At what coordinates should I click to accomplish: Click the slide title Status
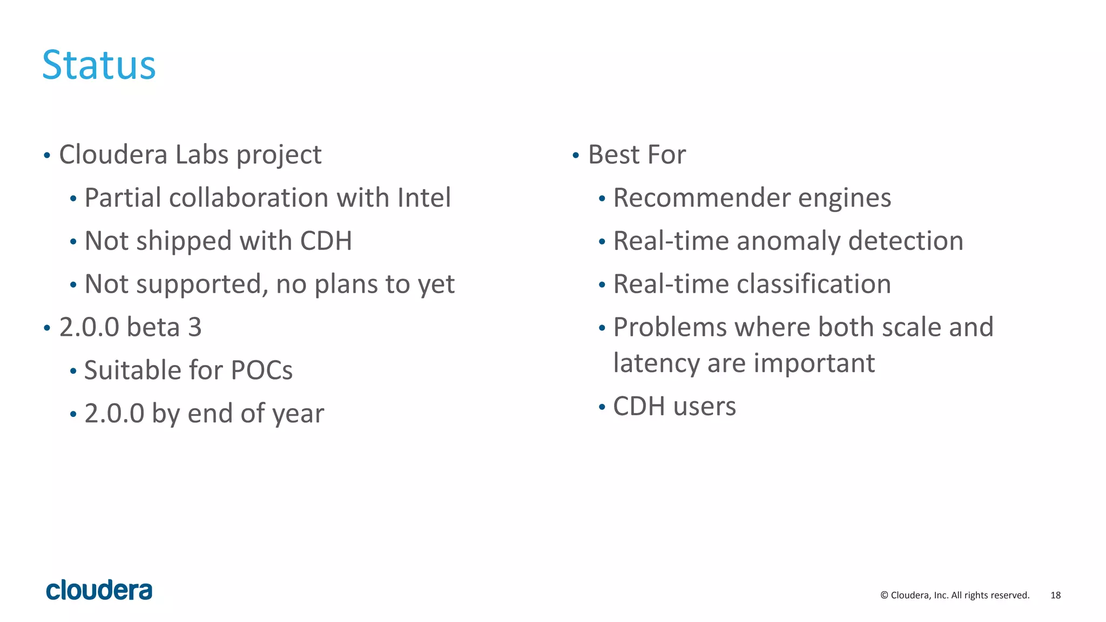point(99,65)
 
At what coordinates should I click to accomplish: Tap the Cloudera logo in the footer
point(99,590)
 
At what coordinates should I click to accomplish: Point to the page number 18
point(1055,595)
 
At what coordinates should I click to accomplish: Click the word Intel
point(424,198)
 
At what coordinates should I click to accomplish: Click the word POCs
point(261,370)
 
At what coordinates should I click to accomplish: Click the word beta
point(153,327)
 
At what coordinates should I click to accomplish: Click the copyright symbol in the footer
point(884,595)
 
